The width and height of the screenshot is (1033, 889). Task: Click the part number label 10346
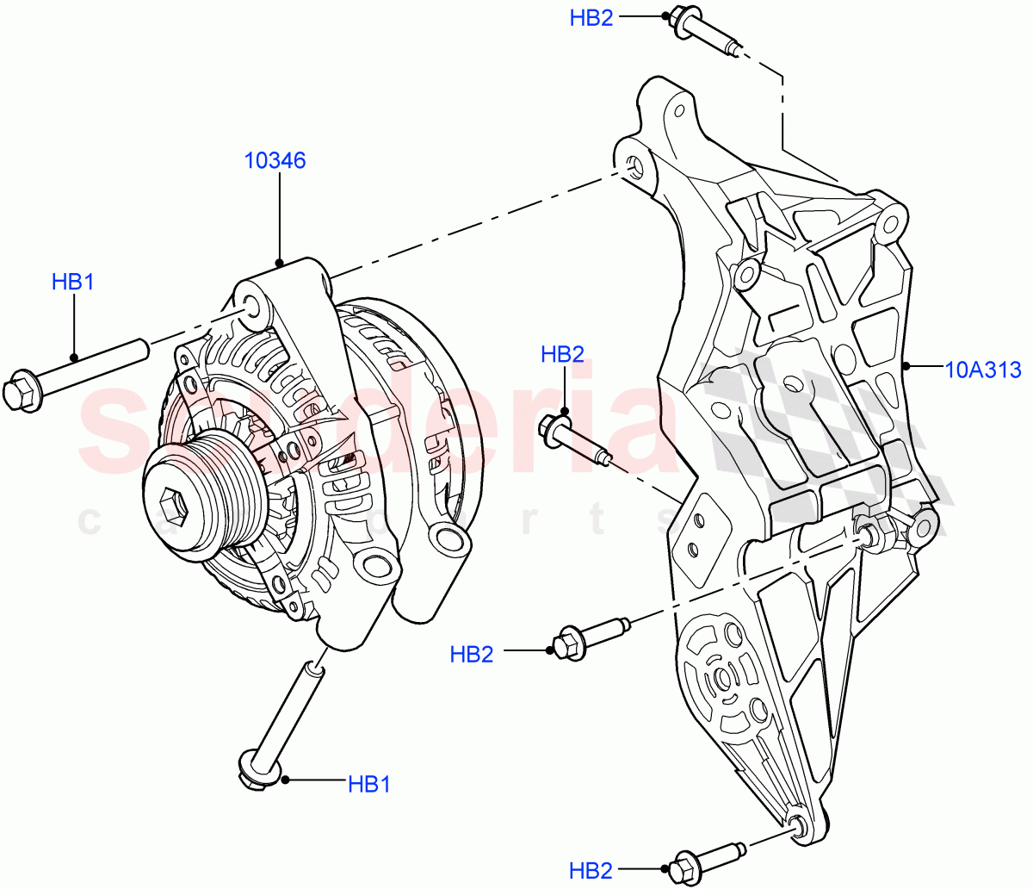tap(275, 160)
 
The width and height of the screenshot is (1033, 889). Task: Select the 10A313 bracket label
tap(983, 370)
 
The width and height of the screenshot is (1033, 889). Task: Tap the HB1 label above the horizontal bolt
tap(72, 282)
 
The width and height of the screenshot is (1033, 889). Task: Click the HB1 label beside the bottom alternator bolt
tap(369, 784)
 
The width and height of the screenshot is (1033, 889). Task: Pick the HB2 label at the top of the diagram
tap(591, 18)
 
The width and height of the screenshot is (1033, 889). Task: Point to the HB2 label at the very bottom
tap(591, 869)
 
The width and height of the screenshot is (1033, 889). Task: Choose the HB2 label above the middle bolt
tap(562, 354)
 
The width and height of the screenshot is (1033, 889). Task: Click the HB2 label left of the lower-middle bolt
tap(472, 655)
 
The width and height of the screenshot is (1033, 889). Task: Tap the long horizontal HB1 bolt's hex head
tap(22, 392)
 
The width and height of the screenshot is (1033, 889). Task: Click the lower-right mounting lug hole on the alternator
tap(448, 540)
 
